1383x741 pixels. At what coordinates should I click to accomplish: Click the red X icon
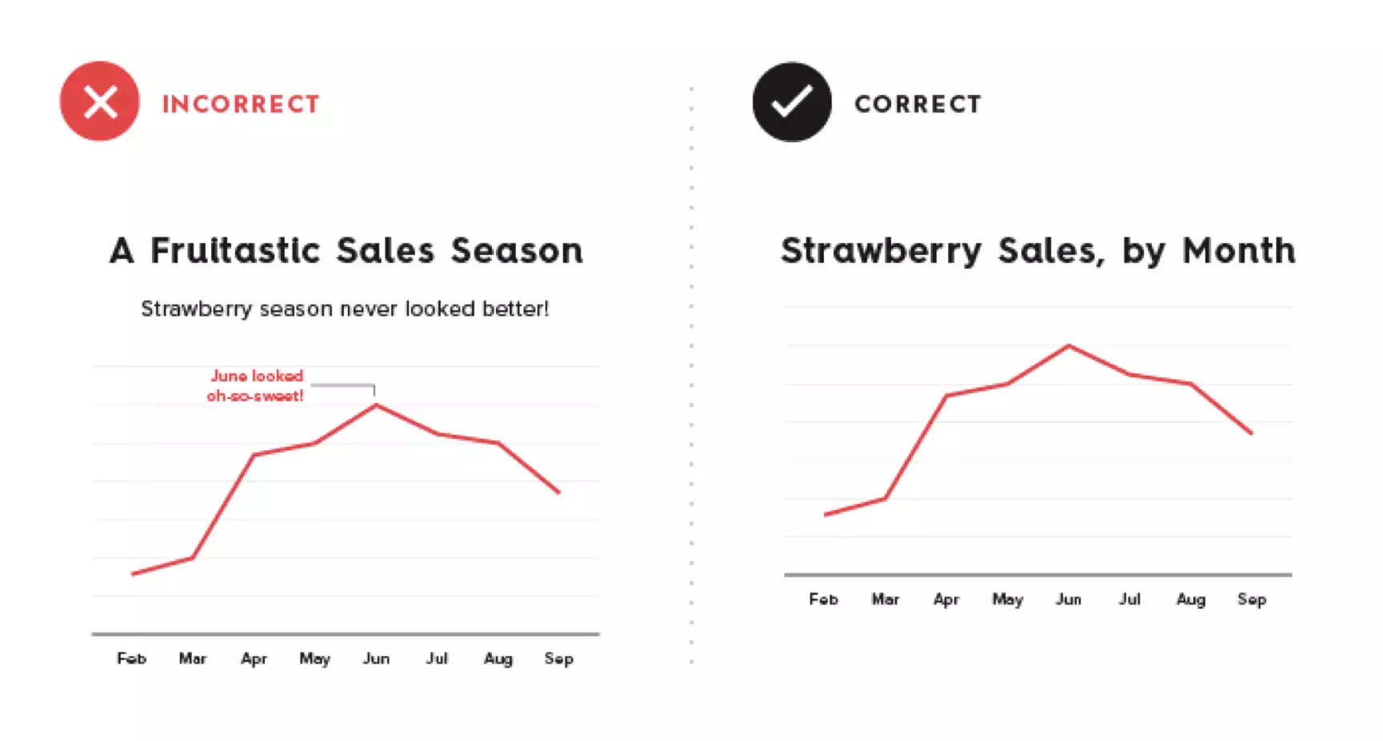100,102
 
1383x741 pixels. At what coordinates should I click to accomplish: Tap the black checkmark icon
792,102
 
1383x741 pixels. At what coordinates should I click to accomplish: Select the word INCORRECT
241,104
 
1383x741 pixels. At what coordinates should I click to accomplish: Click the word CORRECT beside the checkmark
917,104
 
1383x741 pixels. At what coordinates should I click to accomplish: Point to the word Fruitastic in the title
236,251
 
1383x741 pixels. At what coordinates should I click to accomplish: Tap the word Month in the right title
1238,251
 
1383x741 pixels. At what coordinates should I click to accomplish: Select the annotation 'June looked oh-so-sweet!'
256,385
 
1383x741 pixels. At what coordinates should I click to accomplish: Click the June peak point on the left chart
376,405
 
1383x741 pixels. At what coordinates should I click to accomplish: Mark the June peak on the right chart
1069,345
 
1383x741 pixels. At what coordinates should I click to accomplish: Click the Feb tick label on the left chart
132,659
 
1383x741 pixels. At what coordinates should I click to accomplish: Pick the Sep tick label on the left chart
559,659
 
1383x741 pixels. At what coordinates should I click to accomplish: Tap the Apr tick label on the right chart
946,600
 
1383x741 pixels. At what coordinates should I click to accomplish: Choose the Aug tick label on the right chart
1191,600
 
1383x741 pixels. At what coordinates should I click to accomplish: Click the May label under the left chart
315,659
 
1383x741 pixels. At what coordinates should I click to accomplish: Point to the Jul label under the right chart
1129,600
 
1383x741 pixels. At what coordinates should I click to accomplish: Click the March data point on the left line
193,557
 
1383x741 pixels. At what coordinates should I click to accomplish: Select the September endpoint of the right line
1252,433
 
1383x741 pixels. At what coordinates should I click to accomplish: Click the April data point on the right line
946,396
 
